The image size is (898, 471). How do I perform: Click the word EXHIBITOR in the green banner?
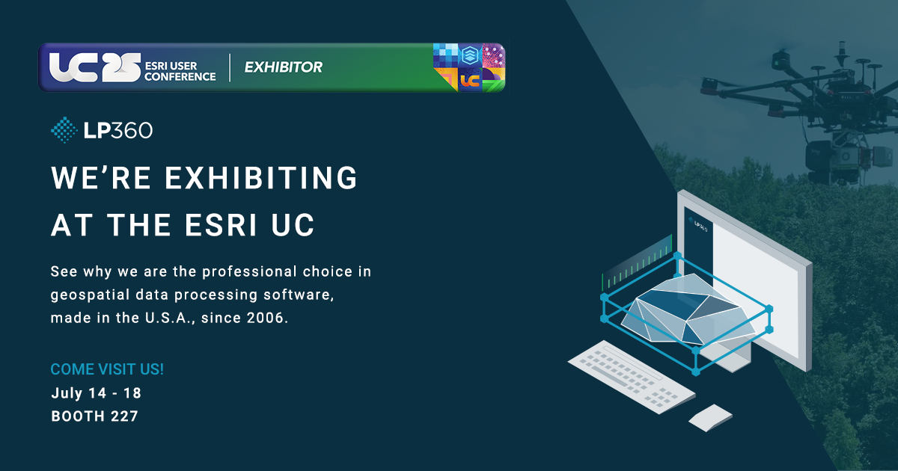click(x=283, y=67)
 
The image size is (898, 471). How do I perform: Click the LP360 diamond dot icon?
click(x=64, y=129)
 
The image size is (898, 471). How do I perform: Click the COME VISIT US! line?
click(x=107, y=369)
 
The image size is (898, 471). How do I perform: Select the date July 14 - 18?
click(x=96, y=392)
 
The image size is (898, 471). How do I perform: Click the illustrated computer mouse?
click(x=709, y=418)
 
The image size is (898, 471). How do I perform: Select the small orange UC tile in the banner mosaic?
click(x=470, y=80)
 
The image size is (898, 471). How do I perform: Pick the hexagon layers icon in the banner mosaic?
click(x=469, y=55)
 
